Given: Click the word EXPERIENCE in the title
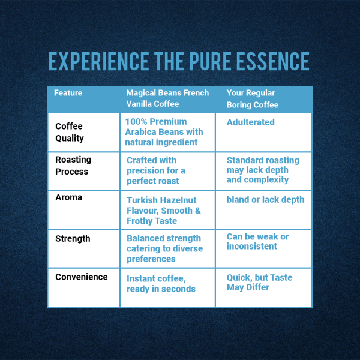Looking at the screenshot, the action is tap(98, 61).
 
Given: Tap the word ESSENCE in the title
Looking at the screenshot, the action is tap(273, 61).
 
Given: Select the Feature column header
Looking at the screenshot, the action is tap(68, 93).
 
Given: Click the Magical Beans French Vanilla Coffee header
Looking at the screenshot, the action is tap(167, 98).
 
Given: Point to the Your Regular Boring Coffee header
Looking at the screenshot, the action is tap(253, 99).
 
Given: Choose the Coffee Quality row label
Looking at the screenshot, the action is tap(70, 132).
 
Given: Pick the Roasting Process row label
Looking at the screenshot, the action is tap(73, 166).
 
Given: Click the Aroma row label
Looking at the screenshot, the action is tap(68, 197).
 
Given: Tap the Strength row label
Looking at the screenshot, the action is tap(73, 239).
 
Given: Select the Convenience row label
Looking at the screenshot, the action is tap(82, 277).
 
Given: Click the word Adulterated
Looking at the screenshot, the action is tap(250, 122).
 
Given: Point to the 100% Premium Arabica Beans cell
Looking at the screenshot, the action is tap(164, 132).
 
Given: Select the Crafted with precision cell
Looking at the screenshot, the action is tap(156, 170).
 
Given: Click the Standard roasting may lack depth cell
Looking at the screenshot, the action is tap(263, 170).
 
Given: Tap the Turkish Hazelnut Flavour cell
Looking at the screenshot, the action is tap(164, 211).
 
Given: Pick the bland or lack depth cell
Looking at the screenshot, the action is tap(265, 200).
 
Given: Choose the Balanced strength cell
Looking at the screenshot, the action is tap(164, 248).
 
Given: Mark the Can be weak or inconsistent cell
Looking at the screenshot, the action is tap(257, 241).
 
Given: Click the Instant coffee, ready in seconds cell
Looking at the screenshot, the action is tap(161, 284).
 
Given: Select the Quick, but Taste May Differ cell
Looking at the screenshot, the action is tap(259, 283).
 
